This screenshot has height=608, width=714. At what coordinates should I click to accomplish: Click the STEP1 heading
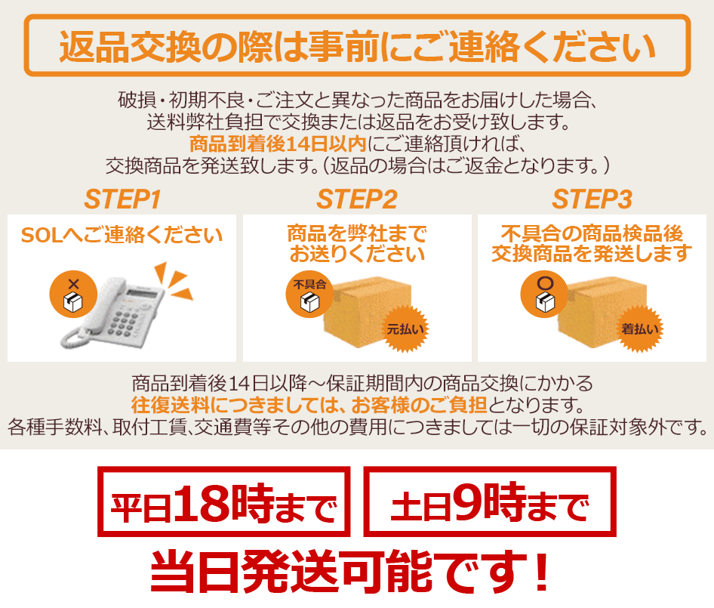pos(122,199)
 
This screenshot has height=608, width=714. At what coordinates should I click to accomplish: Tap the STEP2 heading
pos(357,199)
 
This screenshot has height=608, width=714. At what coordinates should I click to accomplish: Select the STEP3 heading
pos(592,199)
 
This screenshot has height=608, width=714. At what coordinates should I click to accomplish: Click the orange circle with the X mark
pos(73,295)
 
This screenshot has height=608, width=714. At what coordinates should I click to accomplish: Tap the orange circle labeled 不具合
pos(309,295)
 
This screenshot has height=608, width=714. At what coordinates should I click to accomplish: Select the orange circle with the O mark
pos(544,295)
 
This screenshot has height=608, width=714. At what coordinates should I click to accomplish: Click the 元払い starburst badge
pos(405,329)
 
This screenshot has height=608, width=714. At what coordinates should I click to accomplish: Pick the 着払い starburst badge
pos(640,329)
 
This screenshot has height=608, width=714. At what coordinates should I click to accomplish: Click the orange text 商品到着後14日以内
pos(278,144)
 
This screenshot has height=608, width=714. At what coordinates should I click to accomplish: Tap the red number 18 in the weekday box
pos(201,503)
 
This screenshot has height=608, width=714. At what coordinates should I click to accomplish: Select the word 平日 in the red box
pos(140,508)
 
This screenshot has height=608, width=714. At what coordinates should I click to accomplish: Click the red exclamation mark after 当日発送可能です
pos(542,571)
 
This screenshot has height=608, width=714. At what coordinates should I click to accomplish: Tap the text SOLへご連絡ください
pos(122,235)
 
